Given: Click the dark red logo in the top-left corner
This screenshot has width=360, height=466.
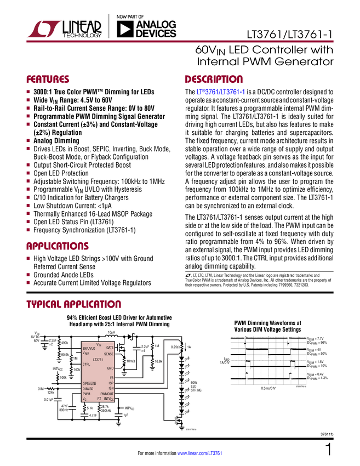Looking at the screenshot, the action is click(x=44, y=28).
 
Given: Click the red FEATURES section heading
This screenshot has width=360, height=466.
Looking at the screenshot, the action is click(x=48, y=79).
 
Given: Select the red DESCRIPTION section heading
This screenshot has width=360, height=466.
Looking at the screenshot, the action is click(x=214, y=79).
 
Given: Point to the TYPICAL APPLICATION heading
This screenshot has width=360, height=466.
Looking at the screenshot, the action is click(x=73, y=304).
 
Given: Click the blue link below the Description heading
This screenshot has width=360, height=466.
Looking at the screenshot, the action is click(x=220, y=92).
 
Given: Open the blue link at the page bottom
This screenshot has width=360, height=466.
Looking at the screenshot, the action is click(x=200, y=453).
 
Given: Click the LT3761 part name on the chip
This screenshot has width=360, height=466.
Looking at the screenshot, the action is click(x=98, y=359).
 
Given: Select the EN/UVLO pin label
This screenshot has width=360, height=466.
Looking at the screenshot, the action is click(x=89, y=349).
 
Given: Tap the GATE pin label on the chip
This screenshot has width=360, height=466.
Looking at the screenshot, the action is click(x=110, y=348).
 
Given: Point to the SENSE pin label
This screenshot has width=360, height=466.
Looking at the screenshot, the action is click(x=108, y=354).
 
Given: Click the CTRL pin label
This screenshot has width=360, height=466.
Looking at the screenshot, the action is click(x=87, y=364).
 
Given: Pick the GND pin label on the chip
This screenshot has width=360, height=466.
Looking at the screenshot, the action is click(x=110, y=368).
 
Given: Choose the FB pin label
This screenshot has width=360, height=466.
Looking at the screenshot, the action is click(x=111, y=378).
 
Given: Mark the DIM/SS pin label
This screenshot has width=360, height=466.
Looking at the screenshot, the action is click(x=88, y=388).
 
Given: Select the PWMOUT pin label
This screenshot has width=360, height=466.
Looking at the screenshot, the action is click(x=107, y=394).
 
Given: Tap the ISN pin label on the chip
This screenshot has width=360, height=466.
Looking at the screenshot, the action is click(x=111, y=388).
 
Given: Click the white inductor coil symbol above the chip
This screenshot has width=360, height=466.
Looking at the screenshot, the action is click(x=111, y=337).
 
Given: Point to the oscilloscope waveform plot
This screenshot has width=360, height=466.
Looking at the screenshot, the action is click(x=268, y=360).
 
